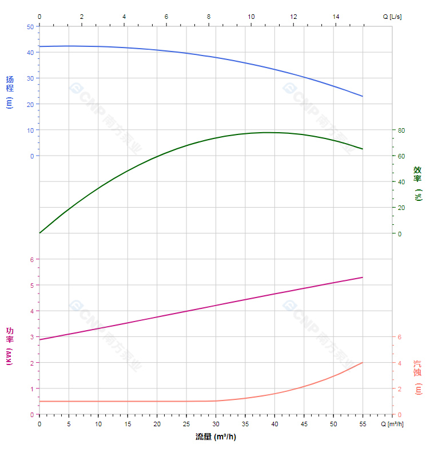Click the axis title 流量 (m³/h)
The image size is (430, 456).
216,437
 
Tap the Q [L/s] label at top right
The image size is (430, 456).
392,17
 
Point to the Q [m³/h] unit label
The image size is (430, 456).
393,424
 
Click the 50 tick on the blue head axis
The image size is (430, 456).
30,27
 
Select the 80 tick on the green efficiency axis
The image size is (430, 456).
401,130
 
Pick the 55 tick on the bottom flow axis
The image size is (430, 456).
363,424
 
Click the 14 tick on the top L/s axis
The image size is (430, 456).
336,17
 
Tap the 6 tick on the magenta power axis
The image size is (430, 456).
32,260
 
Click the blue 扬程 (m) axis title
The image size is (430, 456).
10,92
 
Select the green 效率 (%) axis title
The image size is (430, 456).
418,183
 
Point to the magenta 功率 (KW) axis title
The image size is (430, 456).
10,346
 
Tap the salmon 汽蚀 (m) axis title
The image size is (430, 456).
418,377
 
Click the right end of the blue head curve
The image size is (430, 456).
363,96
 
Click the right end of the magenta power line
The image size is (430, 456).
363,277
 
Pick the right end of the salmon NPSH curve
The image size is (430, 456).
363,363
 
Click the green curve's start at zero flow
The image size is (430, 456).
39,233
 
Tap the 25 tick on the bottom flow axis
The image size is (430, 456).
186,424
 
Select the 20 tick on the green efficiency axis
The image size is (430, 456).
401,208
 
